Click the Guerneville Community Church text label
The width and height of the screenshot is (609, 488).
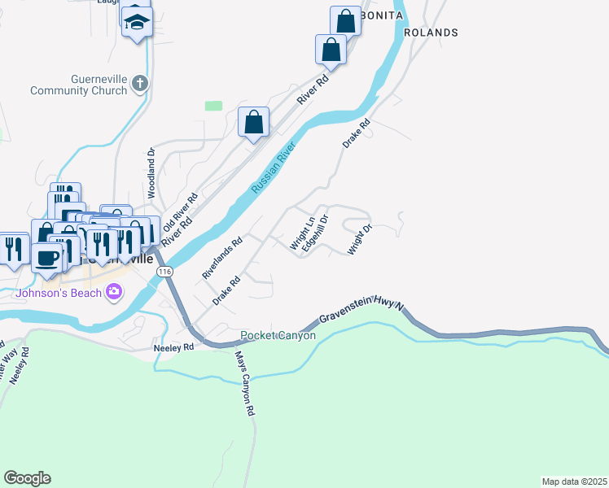78,85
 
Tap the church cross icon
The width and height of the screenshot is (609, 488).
140,82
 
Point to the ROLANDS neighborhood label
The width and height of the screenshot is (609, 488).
431,33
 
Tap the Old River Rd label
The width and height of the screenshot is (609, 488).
181,210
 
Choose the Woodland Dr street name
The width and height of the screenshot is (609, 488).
151,173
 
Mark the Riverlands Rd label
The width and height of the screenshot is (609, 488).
223,259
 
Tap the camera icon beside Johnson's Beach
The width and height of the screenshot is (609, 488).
113,291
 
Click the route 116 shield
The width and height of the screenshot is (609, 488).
165,271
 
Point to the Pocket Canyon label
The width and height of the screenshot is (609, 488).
278,335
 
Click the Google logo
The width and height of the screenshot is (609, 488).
27,478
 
